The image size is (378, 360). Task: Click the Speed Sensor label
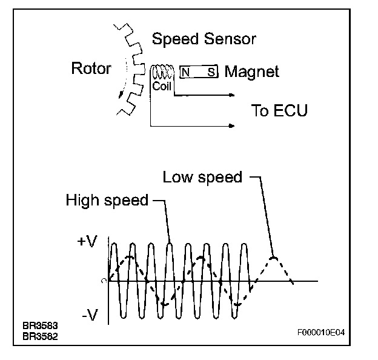pos(204,40)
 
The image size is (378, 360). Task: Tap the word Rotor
pos(91,68)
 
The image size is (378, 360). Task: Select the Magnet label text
pos(252,72)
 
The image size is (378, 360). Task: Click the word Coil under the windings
pos(162,86)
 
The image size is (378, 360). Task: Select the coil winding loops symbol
pos(162,73)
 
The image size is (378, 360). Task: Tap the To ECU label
pos(279,110)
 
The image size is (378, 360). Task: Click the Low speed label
pos(202,177)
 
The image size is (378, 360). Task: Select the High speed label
pos(107,201)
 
